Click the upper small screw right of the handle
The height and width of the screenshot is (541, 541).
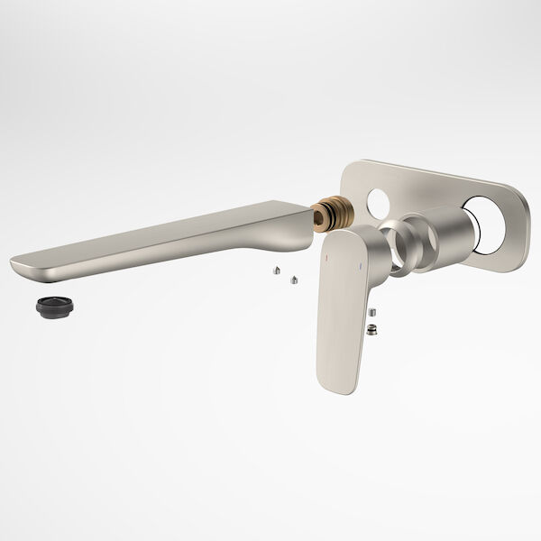tap(371, 312)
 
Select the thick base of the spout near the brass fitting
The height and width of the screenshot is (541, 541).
tap(289, 221)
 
